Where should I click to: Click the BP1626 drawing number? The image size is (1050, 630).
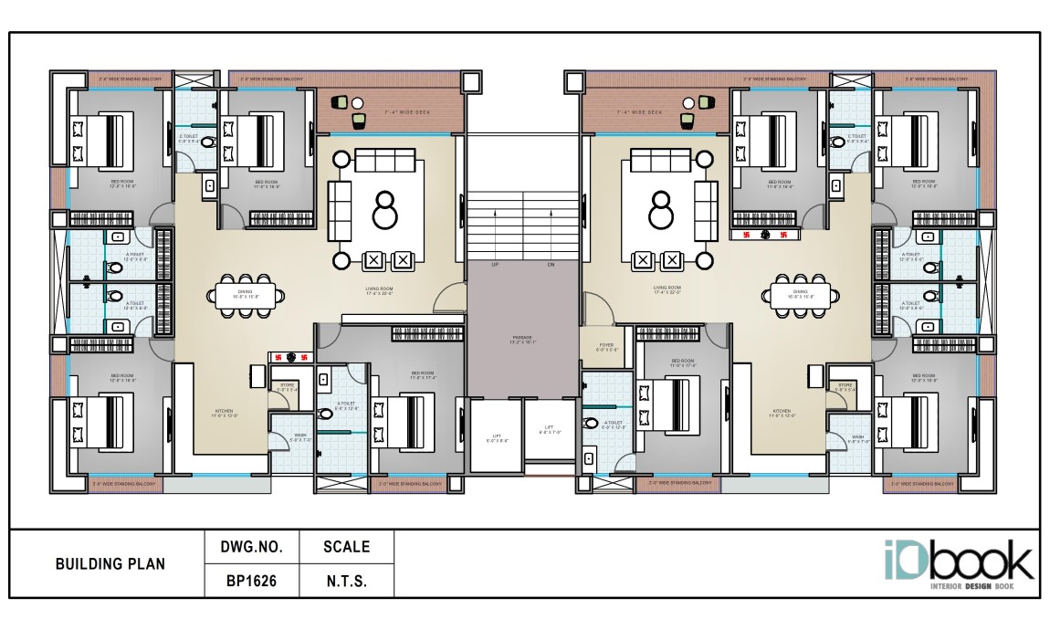(250, 580)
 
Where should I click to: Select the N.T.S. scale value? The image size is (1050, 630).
(346, 580)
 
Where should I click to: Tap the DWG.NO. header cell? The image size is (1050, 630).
(250, 548)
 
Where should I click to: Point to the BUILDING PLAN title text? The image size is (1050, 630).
(110, 564)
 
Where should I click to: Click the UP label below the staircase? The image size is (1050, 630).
(495, 265)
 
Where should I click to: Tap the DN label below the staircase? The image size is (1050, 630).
(551, 265)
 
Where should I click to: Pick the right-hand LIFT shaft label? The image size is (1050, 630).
(550, 428)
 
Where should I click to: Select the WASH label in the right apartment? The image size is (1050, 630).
(857, 438)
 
